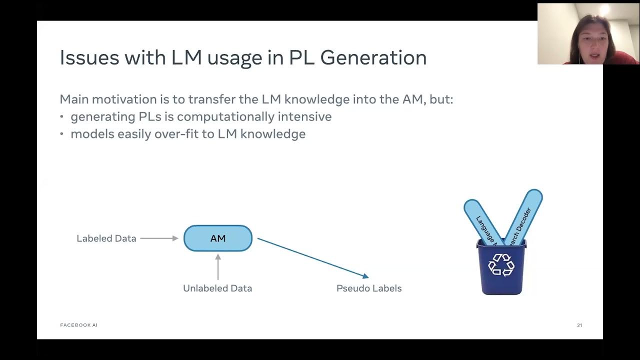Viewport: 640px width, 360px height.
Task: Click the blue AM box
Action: click(x=218, y=238)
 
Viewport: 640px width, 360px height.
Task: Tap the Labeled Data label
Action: click(x=106, y=238)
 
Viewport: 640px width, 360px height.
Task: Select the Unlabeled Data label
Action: click(x=217, y=288)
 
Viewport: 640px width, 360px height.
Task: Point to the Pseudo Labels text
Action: click(x=369, y=288)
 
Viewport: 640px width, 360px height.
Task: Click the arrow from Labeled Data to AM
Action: click(x=159, y=238)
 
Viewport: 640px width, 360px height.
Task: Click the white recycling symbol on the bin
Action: click(x=501, y=264)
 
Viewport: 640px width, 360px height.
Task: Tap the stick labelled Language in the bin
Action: click(x=482, y=222)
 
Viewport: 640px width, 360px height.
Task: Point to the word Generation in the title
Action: click(x=373, y=57)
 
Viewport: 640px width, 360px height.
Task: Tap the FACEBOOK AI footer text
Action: click(x=78, y=325)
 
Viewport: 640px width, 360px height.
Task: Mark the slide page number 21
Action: click(x=579, y=325)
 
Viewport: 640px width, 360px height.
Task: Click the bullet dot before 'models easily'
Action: click(x=62, y=134)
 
